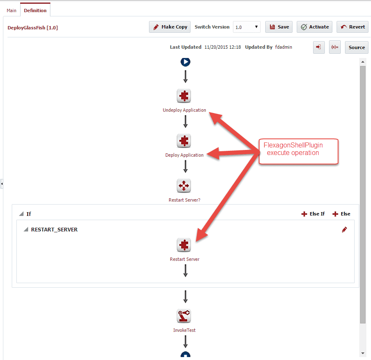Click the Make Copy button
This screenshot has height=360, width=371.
[170, 27]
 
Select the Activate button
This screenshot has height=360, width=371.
[314, 27]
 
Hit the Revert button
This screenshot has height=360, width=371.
[353, 27]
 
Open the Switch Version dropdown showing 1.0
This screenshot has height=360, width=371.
[246, 27]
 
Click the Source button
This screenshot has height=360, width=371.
[357, 47]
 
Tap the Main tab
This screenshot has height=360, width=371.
[11, 11]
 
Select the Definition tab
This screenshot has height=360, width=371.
[35, 11]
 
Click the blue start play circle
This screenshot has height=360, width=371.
[185, 62]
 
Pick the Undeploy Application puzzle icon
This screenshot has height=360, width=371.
[184, 96]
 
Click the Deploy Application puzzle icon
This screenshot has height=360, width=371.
[184, 141]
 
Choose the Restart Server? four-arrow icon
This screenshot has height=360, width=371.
[184, 186]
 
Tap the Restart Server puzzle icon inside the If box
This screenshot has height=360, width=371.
[184, 245]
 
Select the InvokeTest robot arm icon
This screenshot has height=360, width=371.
[184, 316]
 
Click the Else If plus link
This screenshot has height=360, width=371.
[313, 214]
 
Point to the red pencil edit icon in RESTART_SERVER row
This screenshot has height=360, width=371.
[345, 229]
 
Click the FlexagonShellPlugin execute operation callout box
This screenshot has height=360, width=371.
[298, 151]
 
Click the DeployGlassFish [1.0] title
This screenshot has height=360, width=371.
[33, 28]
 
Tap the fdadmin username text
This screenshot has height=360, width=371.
[283, 47]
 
